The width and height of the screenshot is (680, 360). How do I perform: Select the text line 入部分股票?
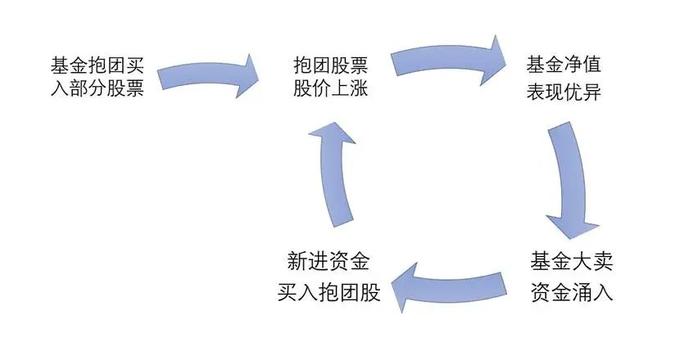(95, 90)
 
